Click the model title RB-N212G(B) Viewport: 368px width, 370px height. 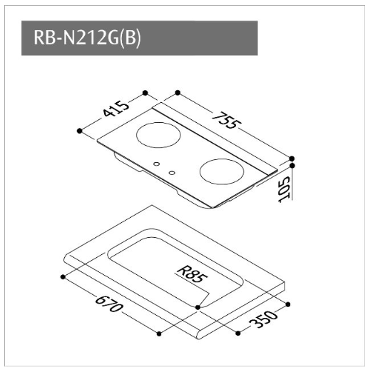point(87,38)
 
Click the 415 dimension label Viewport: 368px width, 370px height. point(116,109)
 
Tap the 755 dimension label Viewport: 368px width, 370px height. point(227,121)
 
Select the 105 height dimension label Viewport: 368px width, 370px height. point(285,189)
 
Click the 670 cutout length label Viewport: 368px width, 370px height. point(109,304)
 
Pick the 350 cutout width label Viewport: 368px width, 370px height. point(263,319)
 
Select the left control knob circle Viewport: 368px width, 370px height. point(156,164)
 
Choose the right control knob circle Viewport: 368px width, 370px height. point(172,173)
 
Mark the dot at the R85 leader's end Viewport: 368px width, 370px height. point(198,307)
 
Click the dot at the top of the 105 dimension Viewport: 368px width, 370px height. point(292,165)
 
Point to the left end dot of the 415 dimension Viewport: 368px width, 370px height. point(80,131)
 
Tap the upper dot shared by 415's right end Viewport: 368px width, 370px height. point(145,93)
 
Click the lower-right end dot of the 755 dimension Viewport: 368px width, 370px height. point(292,159)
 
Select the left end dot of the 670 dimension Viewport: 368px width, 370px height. point(63,277)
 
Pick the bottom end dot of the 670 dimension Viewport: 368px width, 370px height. point(159,334)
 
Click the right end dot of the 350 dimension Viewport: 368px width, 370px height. point(288,304)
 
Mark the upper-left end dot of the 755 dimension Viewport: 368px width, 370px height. point(178,93)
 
